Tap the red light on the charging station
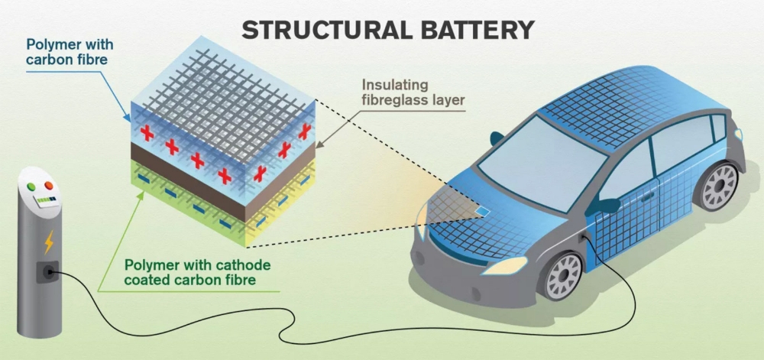click(49, 186)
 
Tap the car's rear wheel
click(719, 186)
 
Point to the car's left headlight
click(504, 265)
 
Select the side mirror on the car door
click(609, 205)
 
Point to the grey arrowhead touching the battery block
click(319, 143)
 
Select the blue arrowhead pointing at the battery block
click(128, 119)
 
